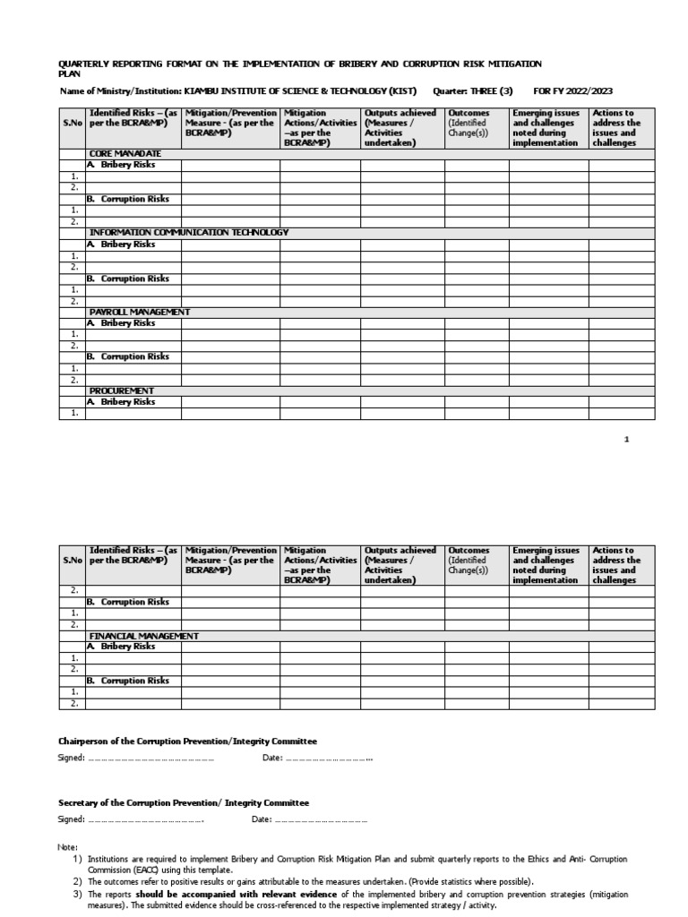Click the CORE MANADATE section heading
[125, 154]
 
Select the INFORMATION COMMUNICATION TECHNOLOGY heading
[189, 233]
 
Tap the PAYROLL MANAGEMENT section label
[140, 312]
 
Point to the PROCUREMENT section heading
[122, 390]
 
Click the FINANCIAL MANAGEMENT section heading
[144, 635]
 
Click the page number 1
[627, 440]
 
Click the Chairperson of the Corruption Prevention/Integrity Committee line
[187, 741]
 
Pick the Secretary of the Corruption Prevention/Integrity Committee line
[184, 803]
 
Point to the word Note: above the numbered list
[68, 847]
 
